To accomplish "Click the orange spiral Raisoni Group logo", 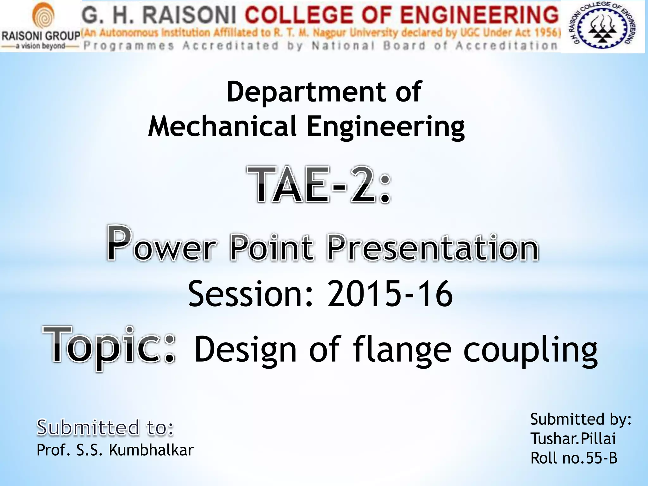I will [x=44, y=17].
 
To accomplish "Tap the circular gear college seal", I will [x=602, y=26].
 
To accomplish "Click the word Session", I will [x=250, y=294].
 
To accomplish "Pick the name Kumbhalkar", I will [x=151, y=450].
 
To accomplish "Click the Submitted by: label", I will [x=581, y=419].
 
